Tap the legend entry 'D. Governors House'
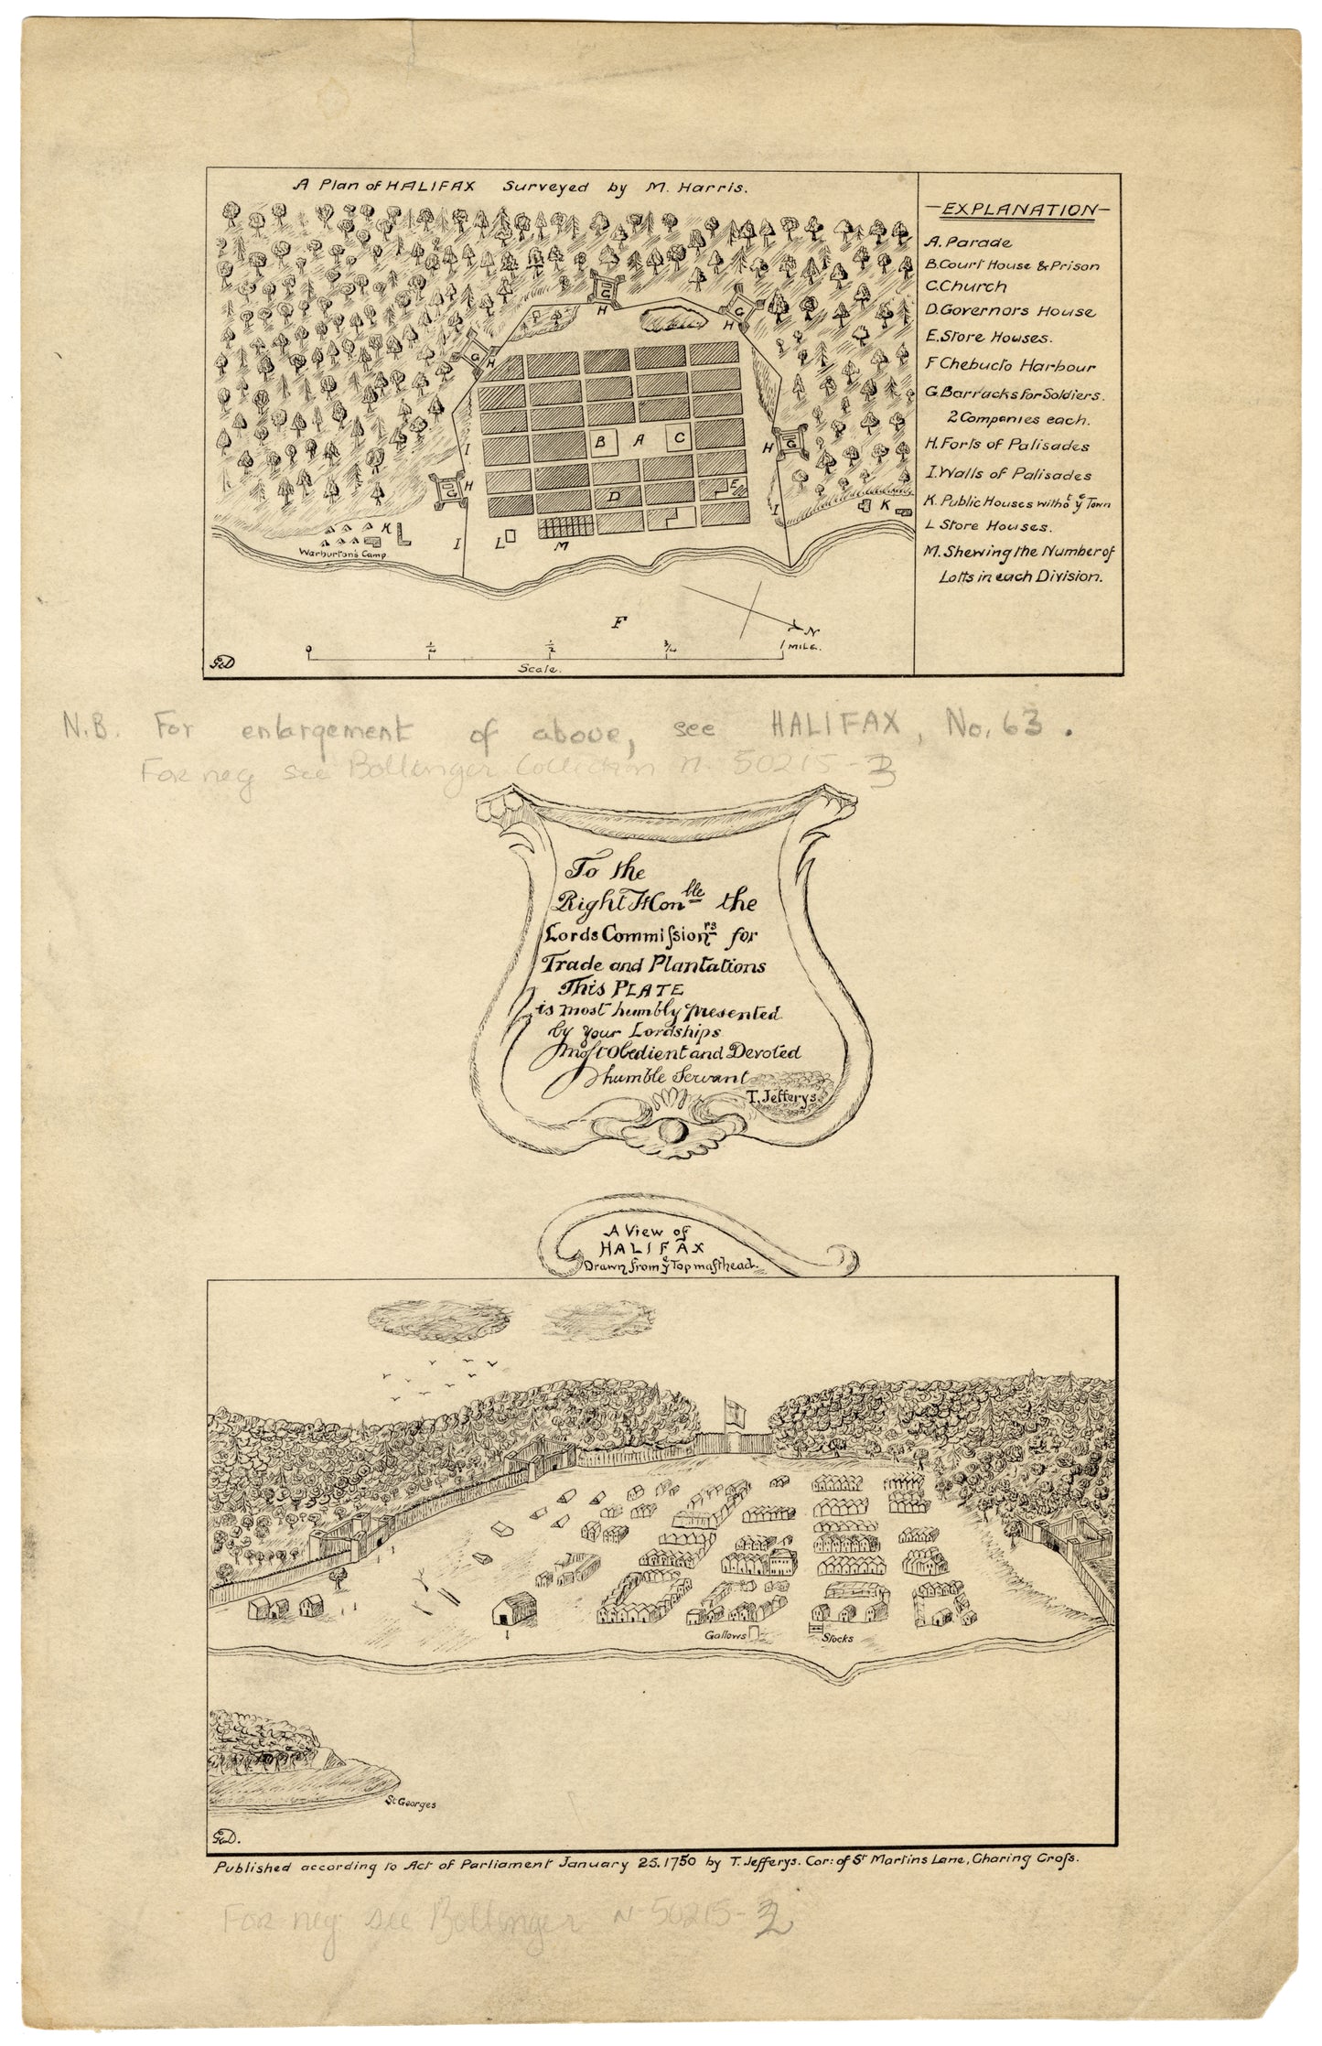coord(1009,311)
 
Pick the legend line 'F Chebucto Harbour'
coord(1010,366)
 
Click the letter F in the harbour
coord(620,622)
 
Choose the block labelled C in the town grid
coord(680,439)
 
